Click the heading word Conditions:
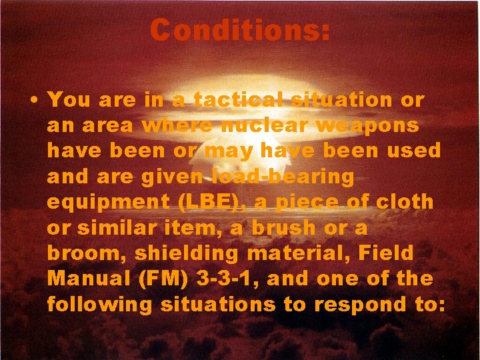pos(240,30)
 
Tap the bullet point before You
pos(33,101)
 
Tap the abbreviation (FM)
pos(165,279)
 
